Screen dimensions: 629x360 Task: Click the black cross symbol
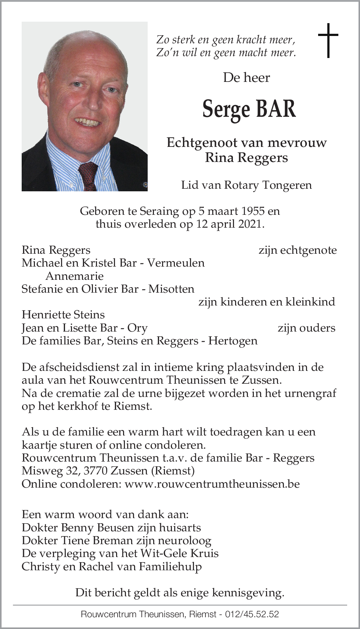(328, 40)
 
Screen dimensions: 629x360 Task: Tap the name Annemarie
(74, 276)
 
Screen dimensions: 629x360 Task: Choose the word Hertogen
(233, 341)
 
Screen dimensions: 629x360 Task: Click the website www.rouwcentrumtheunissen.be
(212, 484)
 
